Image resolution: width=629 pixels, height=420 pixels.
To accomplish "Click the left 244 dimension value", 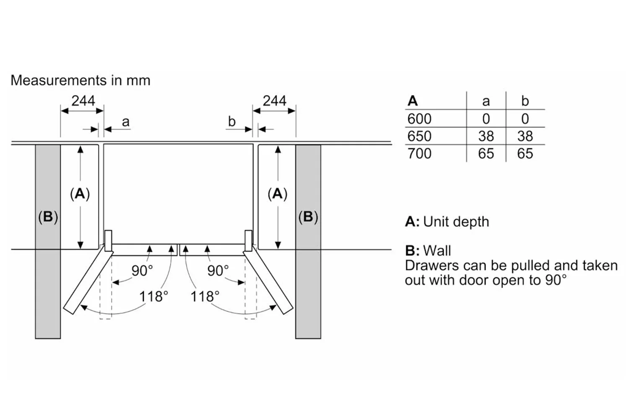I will (x=83, y=101).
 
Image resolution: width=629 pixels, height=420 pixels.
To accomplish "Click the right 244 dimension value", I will (x=274, y=101).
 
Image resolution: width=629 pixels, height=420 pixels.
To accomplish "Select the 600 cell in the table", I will (x=419, y=119).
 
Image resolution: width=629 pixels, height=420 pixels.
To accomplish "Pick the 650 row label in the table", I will (x=419, y=136).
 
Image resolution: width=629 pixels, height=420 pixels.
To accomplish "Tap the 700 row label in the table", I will (x=419, y=153).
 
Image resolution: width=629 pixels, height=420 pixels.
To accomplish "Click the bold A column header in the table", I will (x=413, y=101).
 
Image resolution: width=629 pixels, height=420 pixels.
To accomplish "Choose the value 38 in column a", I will (x=486, y=136).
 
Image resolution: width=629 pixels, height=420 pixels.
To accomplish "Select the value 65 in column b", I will (x=525, y=153).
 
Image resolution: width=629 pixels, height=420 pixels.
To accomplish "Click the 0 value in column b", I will (x=525, y=119).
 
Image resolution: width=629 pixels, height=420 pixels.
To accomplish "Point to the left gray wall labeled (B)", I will (x=48, y=273).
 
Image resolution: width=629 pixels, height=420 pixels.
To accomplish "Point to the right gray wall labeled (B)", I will (x=308, y=273).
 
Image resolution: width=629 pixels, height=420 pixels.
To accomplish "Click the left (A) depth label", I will (x=80, y=194).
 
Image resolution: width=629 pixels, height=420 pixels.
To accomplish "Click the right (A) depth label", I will (x=277, y=194).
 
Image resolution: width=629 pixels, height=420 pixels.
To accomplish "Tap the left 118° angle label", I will (x=153, y=297).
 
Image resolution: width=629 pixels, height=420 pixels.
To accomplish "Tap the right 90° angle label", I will (x=218, y=270).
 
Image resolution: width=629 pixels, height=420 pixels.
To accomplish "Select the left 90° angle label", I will (x=142, y=270).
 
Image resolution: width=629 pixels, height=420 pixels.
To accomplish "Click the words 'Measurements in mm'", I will (x=80, y=80).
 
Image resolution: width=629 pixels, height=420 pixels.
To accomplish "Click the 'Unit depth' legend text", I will (x=456, y=222).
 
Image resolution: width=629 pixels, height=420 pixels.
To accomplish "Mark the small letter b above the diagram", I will (x=231, y=121).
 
